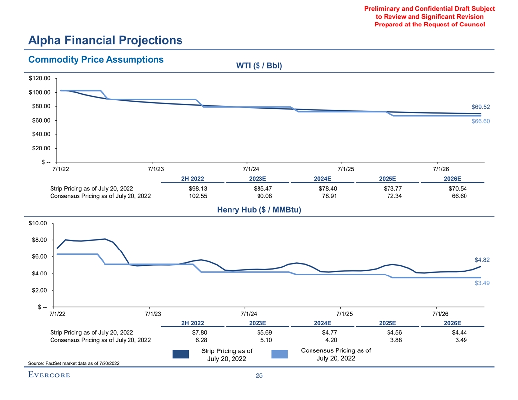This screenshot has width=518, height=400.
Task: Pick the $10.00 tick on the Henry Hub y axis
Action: click(x=38, y=223)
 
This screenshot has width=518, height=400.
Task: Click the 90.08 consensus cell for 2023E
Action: click(x=258, y=197)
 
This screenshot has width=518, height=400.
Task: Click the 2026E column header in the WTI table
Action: click(x=452, y=178)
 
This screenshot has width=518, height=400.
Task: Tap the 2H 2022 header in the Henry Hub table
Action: click(x=192, y=323)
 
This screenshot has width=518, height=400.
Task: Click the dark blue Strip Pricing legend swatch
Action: click(x=184, y=354)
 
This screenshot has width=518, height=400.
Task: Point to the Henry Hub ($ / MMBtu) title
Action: click(x=259, y=210)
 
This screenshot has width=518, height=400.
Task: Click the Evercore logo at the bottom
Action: click(x=49, y=375)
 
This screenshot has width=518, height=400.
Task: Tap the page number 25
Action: click(x=259, y=375)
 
